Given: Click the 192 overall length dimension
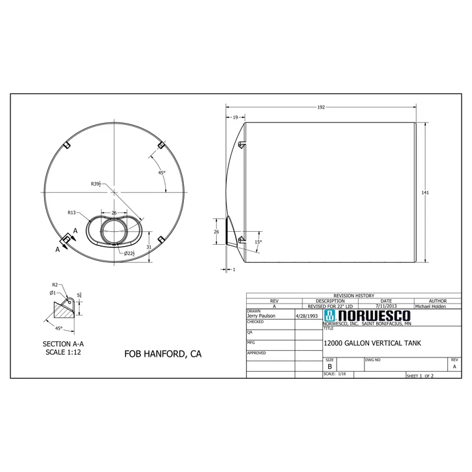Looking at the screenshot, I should pyautogui.click(x=320, y=107).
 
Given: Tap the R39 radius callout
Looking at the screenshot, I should pyautogui.click(x=95, y=184).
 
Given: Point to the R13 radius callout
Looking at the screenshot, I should pyautogui.click(x=72, y=212).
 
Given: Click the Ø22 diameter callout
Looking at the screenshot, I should pyautogui.click(x=129, y=253).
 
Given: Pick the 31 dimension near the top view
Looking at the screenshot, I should pyautogui.click(x=149, y=247).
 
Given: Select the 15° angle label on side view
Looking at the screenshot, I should pyautogui.click(x=258, y=242).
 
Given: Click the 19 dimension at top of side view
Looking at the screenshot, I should pyautogui.click(x=234, y=117).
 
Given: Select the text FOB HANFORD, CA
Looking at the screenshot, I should pyautogui.click(x=163, y=354).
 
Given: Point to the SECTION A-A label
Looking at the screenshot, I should pyautogui.click(x=63, y=344).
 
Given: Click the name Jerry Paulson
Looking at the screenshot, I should pyautogui.click(x=261, y=316).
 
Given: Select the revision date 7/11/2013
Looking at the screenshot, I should pyautogui.click(x=386, y=306).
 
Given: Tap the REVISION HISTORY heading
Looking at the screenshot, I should pyautogui.click(x=354, y=295).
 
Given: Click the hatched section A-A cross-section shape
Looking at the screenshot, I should pyautogui.click(x=65, y=310).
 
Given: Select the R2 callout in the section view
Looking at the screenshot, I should pyautogui.click(x=55, y=284).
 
